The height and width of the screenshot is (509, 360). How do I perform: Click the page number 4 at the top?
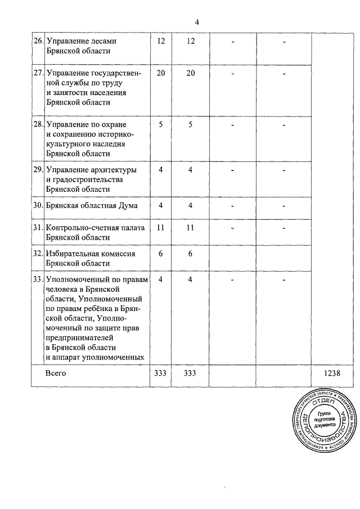coord(197,22)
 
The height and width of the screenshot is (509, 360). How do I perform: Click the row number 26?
coord(38,41)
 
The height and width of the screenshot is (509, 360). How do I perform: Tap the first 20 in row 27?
coord(161,73)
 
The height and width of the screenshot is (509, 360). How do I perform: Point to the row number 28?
coord(38,123)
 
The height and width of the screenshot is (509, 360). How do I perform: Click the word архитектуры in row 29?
coord(112,170)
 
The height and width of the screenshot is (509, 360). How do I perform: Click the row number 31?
coord(38,228)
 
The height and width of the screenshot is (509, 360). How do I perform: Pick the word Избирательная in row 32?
coord(74,253)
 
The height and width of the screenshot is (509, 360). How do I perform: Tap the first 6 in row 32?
coord(161,253)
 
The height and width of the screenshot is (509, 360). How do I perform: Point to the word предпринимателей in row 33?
coord(80,339)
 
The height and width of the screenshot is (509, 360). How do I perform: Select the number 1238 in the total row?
coord(334,373)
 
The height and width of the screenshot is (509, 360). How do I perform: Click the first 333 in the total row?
coord(161,373)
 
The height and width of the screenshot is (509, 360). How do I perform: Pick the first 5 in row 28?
coord(161,124)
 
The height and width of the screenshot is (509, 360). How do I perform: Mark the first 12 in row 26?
coord(161,41)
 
